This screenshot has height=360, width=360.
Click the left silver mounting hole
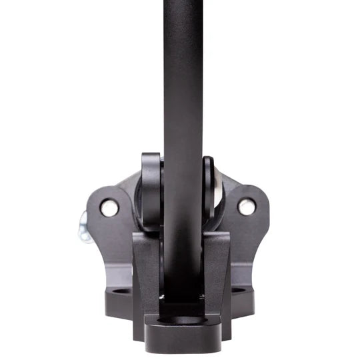(109, 208)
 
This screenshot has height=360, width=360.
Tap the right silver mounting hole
(247, 207)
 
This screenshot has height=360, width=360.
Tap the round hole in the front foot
(182, 319)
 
